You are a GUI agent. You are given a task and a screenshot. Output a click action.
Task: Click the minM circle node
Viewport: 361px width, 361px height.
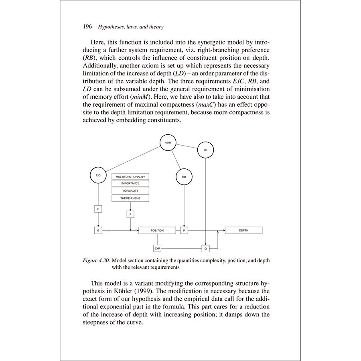coord(168,143)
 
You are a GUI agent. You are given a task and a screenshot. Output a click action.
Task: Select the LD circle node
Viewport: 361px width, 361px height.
coord(205,150)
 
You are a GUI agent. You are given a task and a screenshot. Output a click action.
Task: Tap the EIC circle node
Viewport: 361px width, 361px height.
coord(98,176)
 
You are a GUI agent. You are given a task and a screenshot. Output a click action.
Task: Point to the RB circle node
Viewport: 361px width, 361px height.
coord(184,176)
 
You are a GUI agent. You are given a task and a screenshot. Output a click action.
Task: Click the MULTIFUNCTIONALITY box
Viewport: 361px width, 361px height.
coord(130,176)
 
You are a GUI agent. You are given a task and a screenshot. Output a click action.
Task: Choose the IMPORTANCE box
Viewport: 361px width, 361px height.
coord(130,183)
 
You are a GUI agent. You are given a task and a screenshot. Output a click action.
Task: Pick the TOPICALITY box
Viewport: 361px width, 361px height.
coord(130,191)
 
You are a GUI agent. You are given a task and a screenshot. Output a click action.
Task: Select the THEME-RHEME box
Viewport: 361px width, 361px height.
coord(130,198)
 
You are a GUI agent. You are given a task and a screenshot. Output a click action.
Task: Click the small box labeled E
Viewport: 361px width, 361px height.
coord(98,209)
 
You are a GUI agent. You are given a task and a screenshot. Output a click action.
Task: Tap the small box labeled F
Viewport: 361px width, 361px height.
coord(130,215)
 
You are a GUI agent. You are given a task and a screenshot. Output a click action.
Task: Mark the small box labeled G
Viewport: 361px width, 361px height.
coord(98,231)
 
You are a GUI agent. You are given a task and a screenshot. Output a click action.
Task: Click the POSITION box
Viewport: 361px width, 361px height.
coord(157,231)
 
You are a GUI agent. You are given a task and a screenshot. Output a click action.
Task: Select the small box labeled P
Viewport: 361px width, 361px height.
coord(184,231)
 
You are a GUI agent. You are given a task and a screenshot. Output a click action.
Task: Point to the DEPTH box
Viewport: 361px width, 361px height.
coord(243,230)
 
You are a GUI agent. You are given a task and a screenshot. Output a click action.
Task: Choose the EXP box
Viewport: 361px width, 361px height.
coord(157,249)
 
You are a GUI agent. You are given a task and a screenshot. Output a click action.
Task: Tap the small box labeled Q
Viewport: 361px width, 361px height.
coord(205,249)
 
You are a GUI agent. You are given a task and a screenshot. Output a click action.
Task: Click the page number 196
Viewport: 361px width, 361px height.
coord(88,27)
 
